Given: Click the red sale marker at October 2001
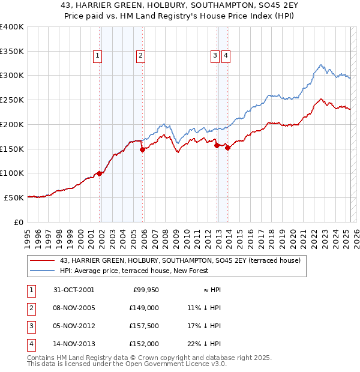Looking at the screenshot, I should [100, 174].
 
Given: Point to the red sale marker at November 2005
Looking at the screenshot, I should [143, 150].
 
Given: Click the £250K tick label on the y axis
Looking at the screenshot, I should [12, 100].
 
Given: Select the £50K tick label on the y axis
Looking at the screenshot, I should [14, 197].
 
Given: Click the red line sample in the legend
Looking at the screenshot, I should [42, 260].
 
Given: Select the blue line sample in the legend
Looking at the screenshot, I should [42, 271].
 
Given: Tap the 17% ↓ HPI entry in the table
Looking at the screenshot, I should [204, 326].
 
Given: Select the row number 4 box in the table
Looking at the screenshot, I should [31, 344].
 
